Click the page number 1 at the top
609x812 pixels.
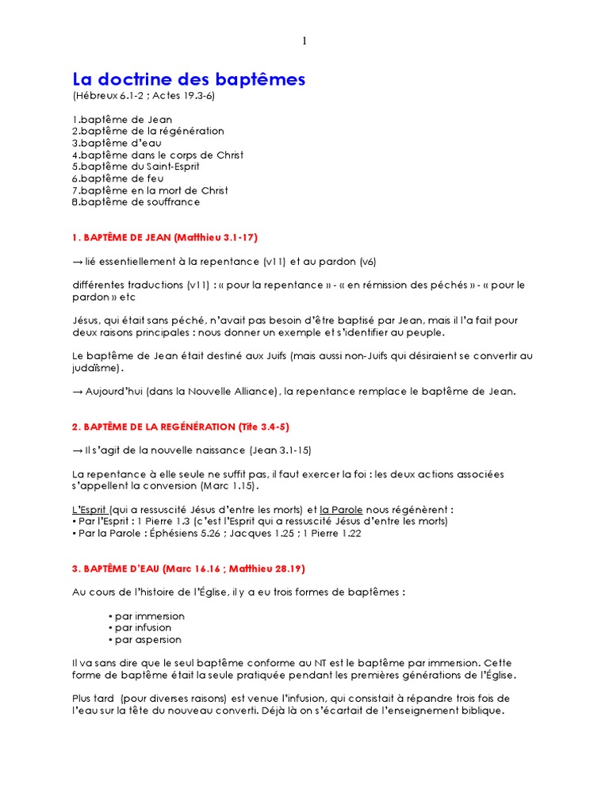tap(304, 42)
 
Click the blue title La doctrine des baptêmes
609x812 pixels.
tap(189, 79)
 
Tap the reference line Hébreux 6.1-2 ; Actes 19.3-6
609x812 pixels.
tap(144, 96)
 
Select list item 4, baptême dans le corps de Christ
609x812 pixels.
tap(158, 155)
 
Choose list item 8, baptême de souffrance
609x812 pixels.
tap(136, 202)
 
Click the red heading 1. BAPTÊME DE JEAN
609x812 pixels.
tap(165, 237)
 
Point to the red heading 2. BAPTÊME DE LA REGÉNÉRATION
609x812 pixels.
tap(180, 427)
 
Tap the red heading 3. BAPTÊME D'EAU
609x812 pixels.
tap(189, 569)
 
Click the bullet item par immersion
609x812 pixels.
tap(147, 616)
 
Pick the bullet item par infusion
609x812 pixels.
tap(143, 628)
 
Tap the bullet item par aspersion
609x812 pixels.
tap(145, 640)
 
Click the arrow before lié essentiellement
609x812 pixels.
tap(77, 261)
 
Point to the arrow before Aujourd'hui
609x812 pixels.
tap(77, 391)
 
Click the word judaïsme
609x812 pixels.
tap(98, 368)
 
